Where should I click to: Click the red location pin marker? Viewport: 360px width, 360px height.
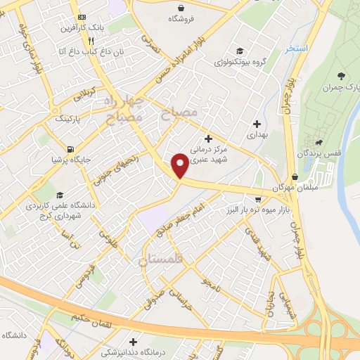[181, 166]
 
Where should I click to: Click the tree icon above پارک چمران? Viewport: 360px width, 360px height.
[341, 76]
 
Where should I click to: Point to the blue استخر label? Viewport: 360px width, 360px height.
[297, 49]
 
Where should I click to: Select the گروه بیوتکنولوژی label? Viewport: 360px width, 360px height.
[240, 61]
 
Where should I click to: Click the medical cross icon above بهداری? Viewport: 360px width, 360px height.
[256, 124]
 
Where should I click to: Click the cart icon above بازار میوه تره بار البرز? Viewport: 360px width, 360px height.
[258, 200]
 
